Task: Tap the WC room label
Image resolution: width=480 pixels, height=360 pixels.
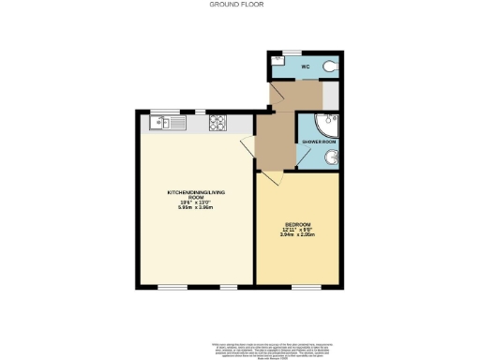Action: click(305, 67)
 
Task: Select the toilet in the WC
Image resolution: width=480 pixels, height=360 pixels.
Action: click(328, 67)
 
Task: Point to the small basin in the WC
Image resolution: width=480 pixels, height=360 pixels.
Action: click(277, 60)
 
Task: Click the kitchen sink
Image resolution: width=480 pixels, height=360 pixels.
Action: click(159, 120)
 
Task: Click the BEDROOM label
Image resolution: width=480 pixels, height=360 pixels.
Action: click(297, 224)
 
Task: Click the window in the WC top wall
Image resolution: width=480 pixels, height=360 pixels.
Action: click(292, 51)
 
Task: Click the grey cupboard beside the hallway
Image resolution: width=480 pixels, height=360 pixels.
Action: click(331, 96)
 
